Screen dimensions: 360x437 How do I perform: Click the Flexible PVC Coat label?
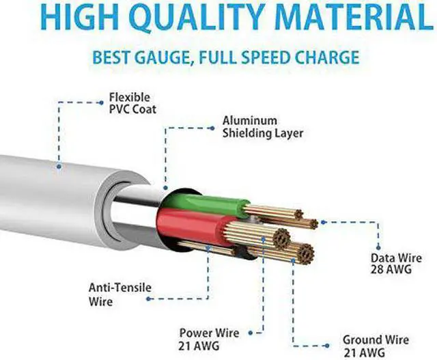129,103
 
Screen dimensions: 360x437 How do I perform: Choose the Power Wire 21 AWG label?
209,339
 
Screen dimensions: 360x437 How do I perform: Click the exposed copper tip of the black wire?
301,254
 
